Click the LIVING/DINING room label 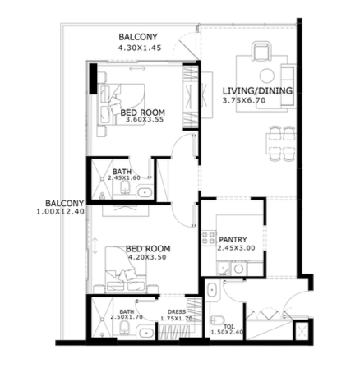point(257,90)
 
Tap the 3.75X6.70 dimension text point(244,100)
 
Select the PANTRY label point(233,240)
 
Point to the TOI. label point(229,327)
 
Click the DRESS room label point(177,311)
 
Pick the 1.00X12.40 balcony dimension point(61,212)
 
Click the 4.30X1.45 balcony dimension point(140,48)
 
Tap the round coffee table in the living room point(267,76)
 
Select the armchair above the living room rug point(261,51)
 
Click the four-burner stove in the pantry point(209,237)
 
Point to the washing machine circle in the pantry point(238,269)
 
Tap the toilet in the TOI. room point(217,320)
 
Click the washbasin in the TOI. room point(212,290)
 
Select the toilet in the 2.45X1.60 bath point(125,188)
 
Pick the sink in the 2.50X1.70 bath point(145,333)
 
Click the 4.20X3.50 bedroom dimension point(147,257)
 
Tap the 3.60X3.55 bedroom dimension point(145,120)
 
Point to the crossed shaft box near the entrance point(302,332)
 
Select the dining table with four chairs point(281,144)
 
